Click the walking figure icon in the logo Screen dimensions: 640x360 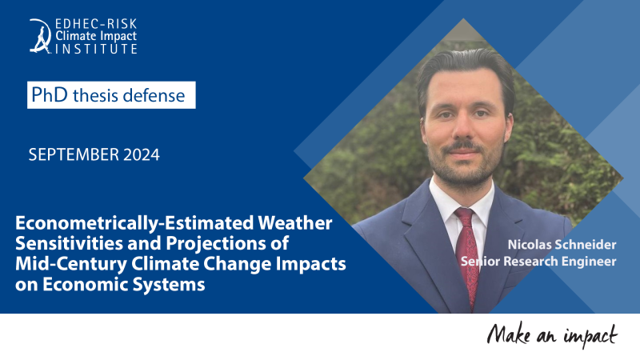pyautogui.click(x=40, y=36)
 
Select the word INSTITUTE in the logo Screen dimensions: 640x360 pyautogui.click(x=96, y=49)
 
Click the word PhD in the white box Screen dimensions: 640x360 pyautogui.click(x=49, y=94)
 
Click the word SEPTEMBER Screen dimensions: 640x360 pyautogui.click(x=74, y=154)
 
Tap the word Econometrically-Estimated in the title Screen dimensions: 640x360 pyautogui.click(x=134, y=224)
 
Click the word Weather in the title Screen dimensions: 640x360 pyautogui.click(x=295, y=223)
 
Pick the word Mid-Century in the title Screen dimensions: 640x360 pyautogui.click(x=71, y=264)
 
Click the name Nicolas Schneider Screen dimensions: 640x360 pyautogui.click(x=562, y=245)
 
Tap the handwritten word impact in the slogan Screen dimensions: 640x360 pyautogui.click(x=590, y=336)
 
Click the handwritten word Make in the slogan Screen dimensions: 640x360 pyautogui.click(x=509, y=334)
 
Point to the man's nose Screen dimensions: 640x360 pyautogui.click(x=463, y=130)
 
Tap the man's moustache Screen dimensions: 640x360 pyautogui.click(x=463, y=146)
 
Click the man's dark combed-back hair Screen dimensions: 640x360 pyautogui.click(x=466, y=69)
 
